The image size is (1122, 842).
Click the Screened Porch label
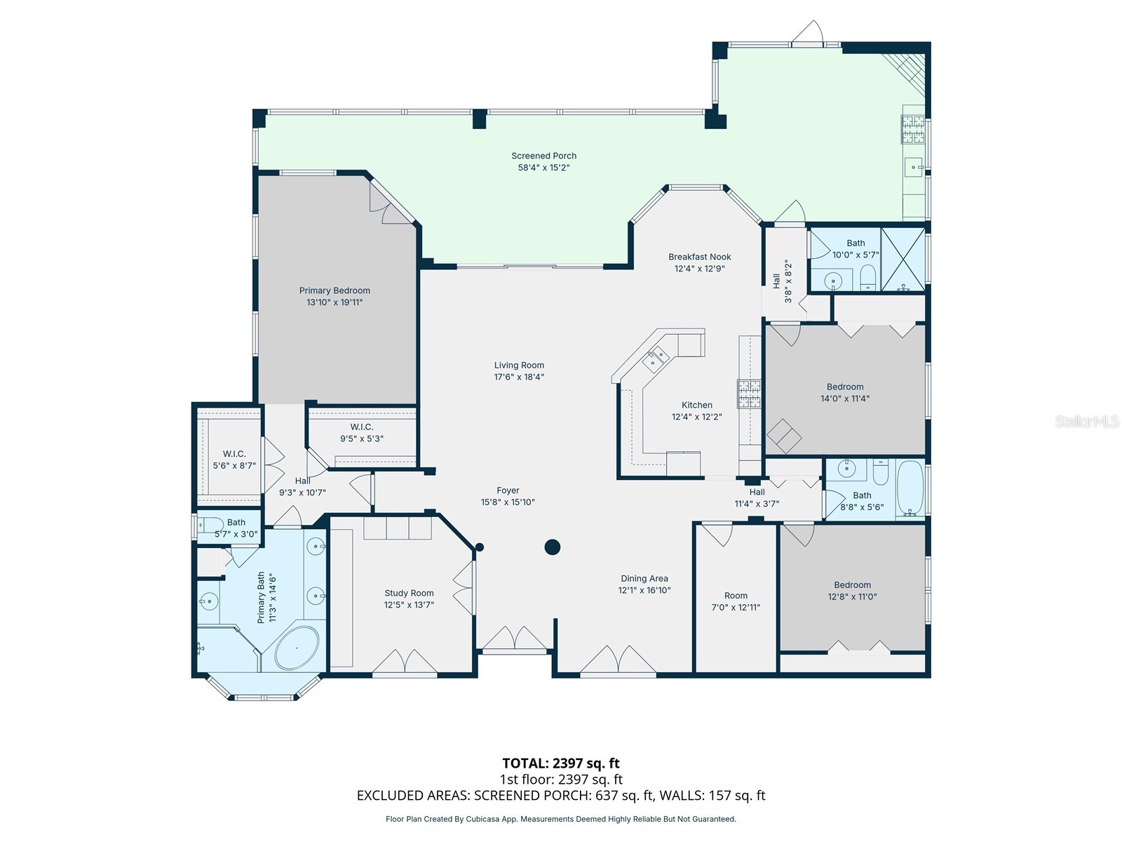pos(543,156)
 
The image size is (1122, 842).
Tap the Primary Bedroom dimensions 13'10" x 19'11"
pos(334,302)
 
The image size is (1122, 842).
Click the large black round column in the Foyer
pos(553,547)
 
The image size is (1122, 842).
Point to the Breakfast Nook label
pos(699,257)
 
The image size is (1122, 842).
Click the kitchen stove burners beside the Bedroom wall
pos(749,393)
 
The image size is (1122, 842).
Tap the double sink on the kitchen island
pos(657,358)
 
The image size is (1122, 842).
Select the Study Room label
pos(409,593)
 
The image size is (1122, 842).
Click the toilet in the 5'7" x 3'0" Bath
pos(209,523)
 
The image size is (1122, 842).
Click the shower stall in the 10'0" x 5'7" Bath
pos(903,259)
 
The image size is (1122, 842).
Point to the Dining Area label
pos(644,579)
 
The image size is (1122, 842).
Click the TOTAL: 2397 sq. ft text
pos(560,763)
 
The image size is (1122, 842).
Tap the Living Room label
pos(519,365)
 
